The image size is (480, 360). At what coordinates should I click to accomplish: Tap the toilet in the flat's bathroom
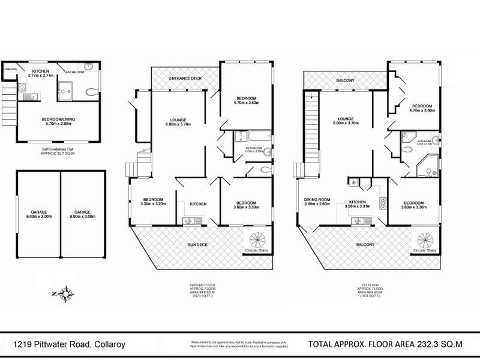click(x=90, y=92)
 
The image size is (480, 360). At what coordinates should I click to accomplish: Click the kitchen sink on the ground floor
click(x=190, y=220)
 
